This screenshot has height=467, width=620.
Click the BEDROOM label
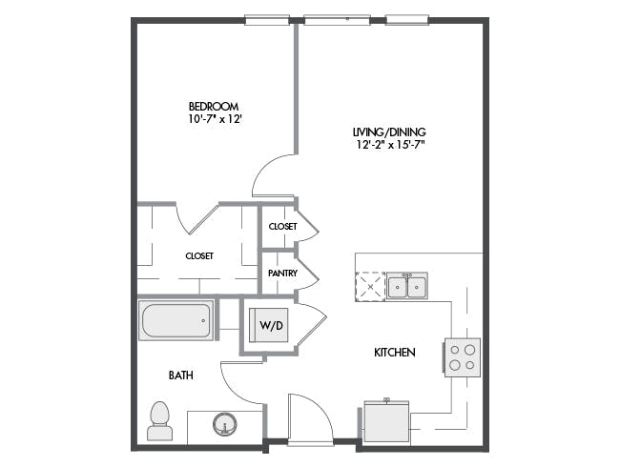tap(214, 107)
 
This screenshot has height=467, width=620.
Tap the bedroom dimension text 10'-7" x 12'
tap(215, 119)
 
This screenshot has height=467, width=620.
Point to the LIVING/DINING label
tap(389, 132)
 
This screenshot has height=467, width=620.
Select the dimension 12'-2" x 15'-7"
tap(390, 145)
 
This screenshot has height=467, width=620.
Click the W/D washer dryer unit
tap(269, 325)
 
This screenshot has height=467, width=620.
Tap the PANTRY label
tap(282, 273)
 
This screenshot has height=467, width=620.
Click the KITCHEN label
tap(395, 352)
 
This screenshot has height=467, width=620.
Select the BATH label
tap(181, 375)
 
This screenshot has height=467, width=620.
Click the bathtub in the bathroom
tap(176, 320)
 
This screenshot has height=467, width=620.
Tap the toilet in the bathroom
tap(159, 420)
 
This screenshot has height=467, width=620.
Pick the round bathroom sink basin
tap(225, 425)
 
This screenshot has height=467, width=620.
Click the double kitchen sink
tap(407, 286)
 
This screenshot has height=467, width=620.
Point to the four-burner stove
tap(463, 357)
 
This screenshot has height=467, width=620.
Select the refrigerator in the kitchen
tap(386, 421)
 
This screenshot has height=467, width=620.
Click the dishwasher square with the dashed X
tap(370, 287)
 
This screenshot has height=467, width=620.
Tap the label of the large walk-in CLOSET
tap(199, 256)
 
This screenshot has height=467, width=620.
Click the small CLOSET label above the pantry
tap(282, 227)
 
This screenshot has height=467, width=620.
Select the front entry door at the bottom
tap(310, 419)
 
